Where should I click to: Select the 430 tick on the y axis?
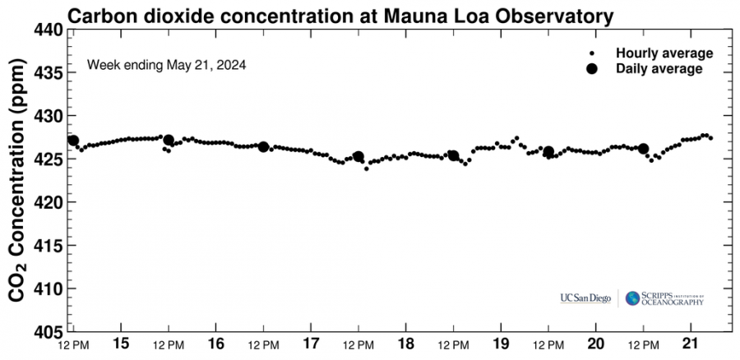(x=48, y=116)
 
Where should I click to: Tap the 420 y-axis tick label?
(x=48, y=202)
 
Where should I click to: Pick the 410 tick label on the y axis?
(x=48, y=288)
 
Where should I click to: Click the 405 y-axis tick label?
(x=48, y=331)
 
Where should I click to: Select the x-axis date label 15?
(x=121, y=343)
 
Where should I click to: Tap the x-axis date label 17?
(x=311, y=343)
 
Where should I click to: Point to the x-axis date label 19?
(x=501, y=343)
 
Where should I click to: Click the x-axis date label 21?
(x=691, y=343)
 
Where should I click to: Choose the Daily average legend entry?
(x=659, y=69)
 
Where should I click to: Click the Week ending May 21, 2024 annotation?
(x=167, y=63)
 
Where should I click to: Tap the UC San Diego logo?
(x=585, y=298)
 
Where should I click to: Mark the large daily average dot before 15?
(x=73, y=141)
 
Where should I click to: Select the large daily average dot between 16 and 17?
(x=263, y=146)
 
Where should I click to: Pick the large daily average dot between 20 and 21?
(x=643, y=149)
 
